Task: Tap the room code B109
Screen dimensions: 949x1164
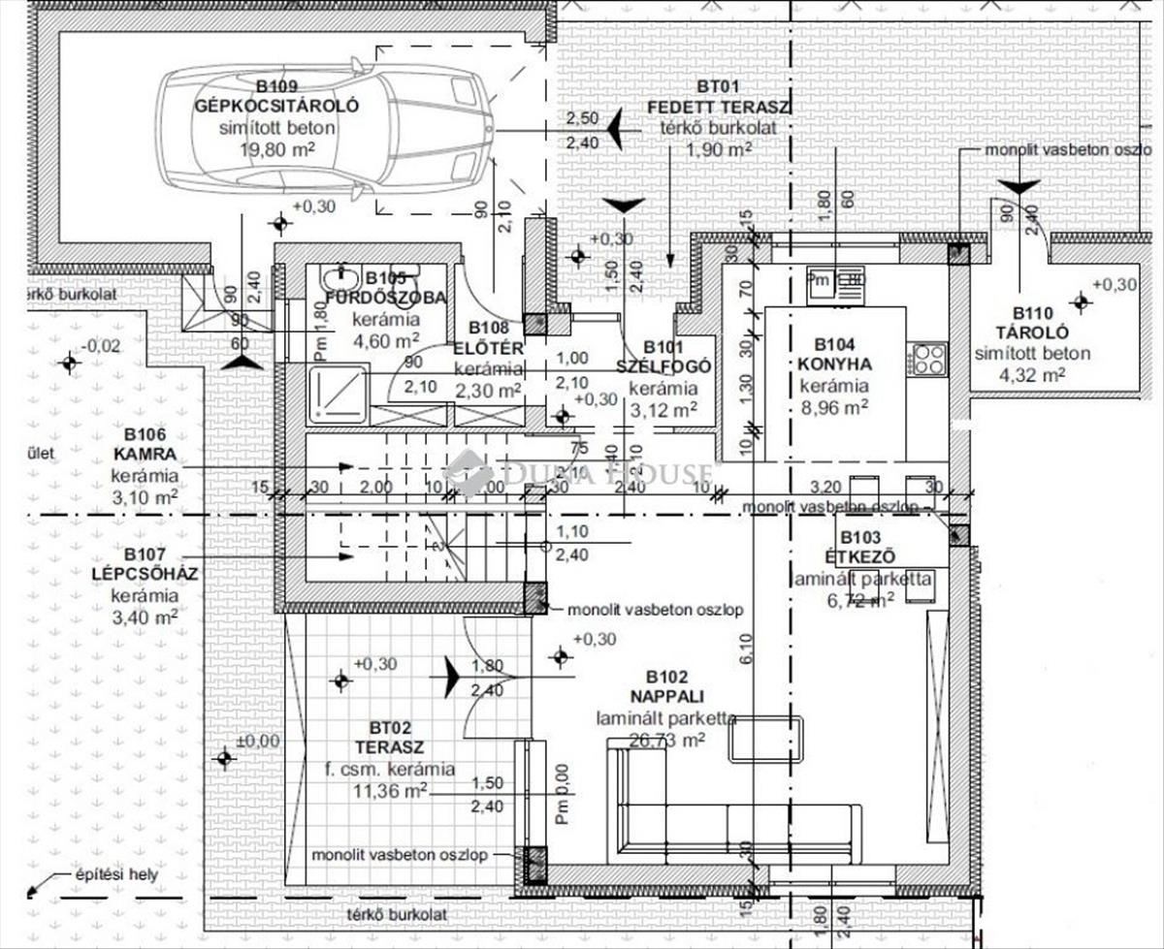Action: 276,86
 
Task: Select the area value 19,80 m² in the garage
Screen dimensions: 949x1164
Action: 276,149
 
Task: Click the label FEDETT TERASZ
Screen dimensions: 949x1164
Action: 719,107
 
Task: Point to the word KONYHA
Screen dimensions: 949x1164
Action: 835,364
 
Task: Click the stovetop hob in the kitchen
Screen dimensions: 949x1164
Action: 928,359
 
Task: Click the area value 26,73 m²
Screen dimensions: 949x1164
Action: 666,740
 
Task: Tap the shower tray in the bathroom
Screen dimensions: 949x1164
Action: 339,395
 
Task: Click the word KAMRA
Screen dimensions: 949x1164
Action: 144,455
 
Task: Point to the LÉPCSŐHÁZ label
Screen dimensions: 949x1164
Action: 144,574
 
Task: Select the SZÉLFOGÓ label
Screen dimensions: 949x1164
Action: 663,366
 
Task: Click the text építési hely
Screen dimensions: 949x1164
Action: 116,875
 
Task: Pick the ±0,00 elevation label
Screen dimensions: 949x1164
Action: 257,741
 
